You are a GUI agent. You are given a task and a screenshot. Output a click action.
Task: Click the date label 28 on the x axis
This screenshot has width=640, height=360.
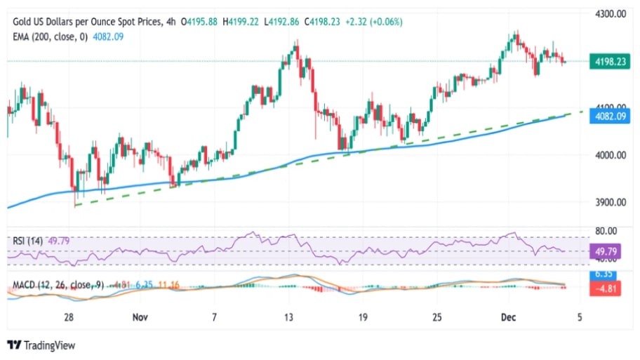tap(68, 318)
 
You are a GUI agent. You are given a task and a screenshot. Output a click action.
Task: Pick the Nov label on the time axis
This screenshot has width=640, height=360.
tap(140, 318)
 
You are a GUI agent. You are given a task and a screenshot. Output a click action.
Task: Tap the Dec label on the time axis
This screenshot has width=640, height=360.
tap(509, 318)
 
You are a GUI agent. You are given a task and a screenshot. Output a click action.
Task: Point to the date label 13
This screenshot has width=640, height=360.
tap(289, 318)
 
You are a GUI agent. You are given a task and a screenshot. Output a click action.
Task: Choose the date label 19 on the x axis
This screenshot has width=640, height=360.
tap(364, 318)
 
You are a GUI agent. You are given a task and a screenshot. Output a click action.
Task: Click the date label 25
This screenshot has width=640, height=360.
tap(436, 318)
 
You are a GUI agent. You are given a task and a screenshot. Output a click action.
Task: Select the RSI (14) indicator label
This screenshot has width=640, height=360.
tap(28, 241)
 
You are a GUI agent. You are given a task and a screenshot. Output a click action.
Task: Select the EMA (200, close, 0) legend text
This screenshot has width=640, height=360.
tap(50, 36)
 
